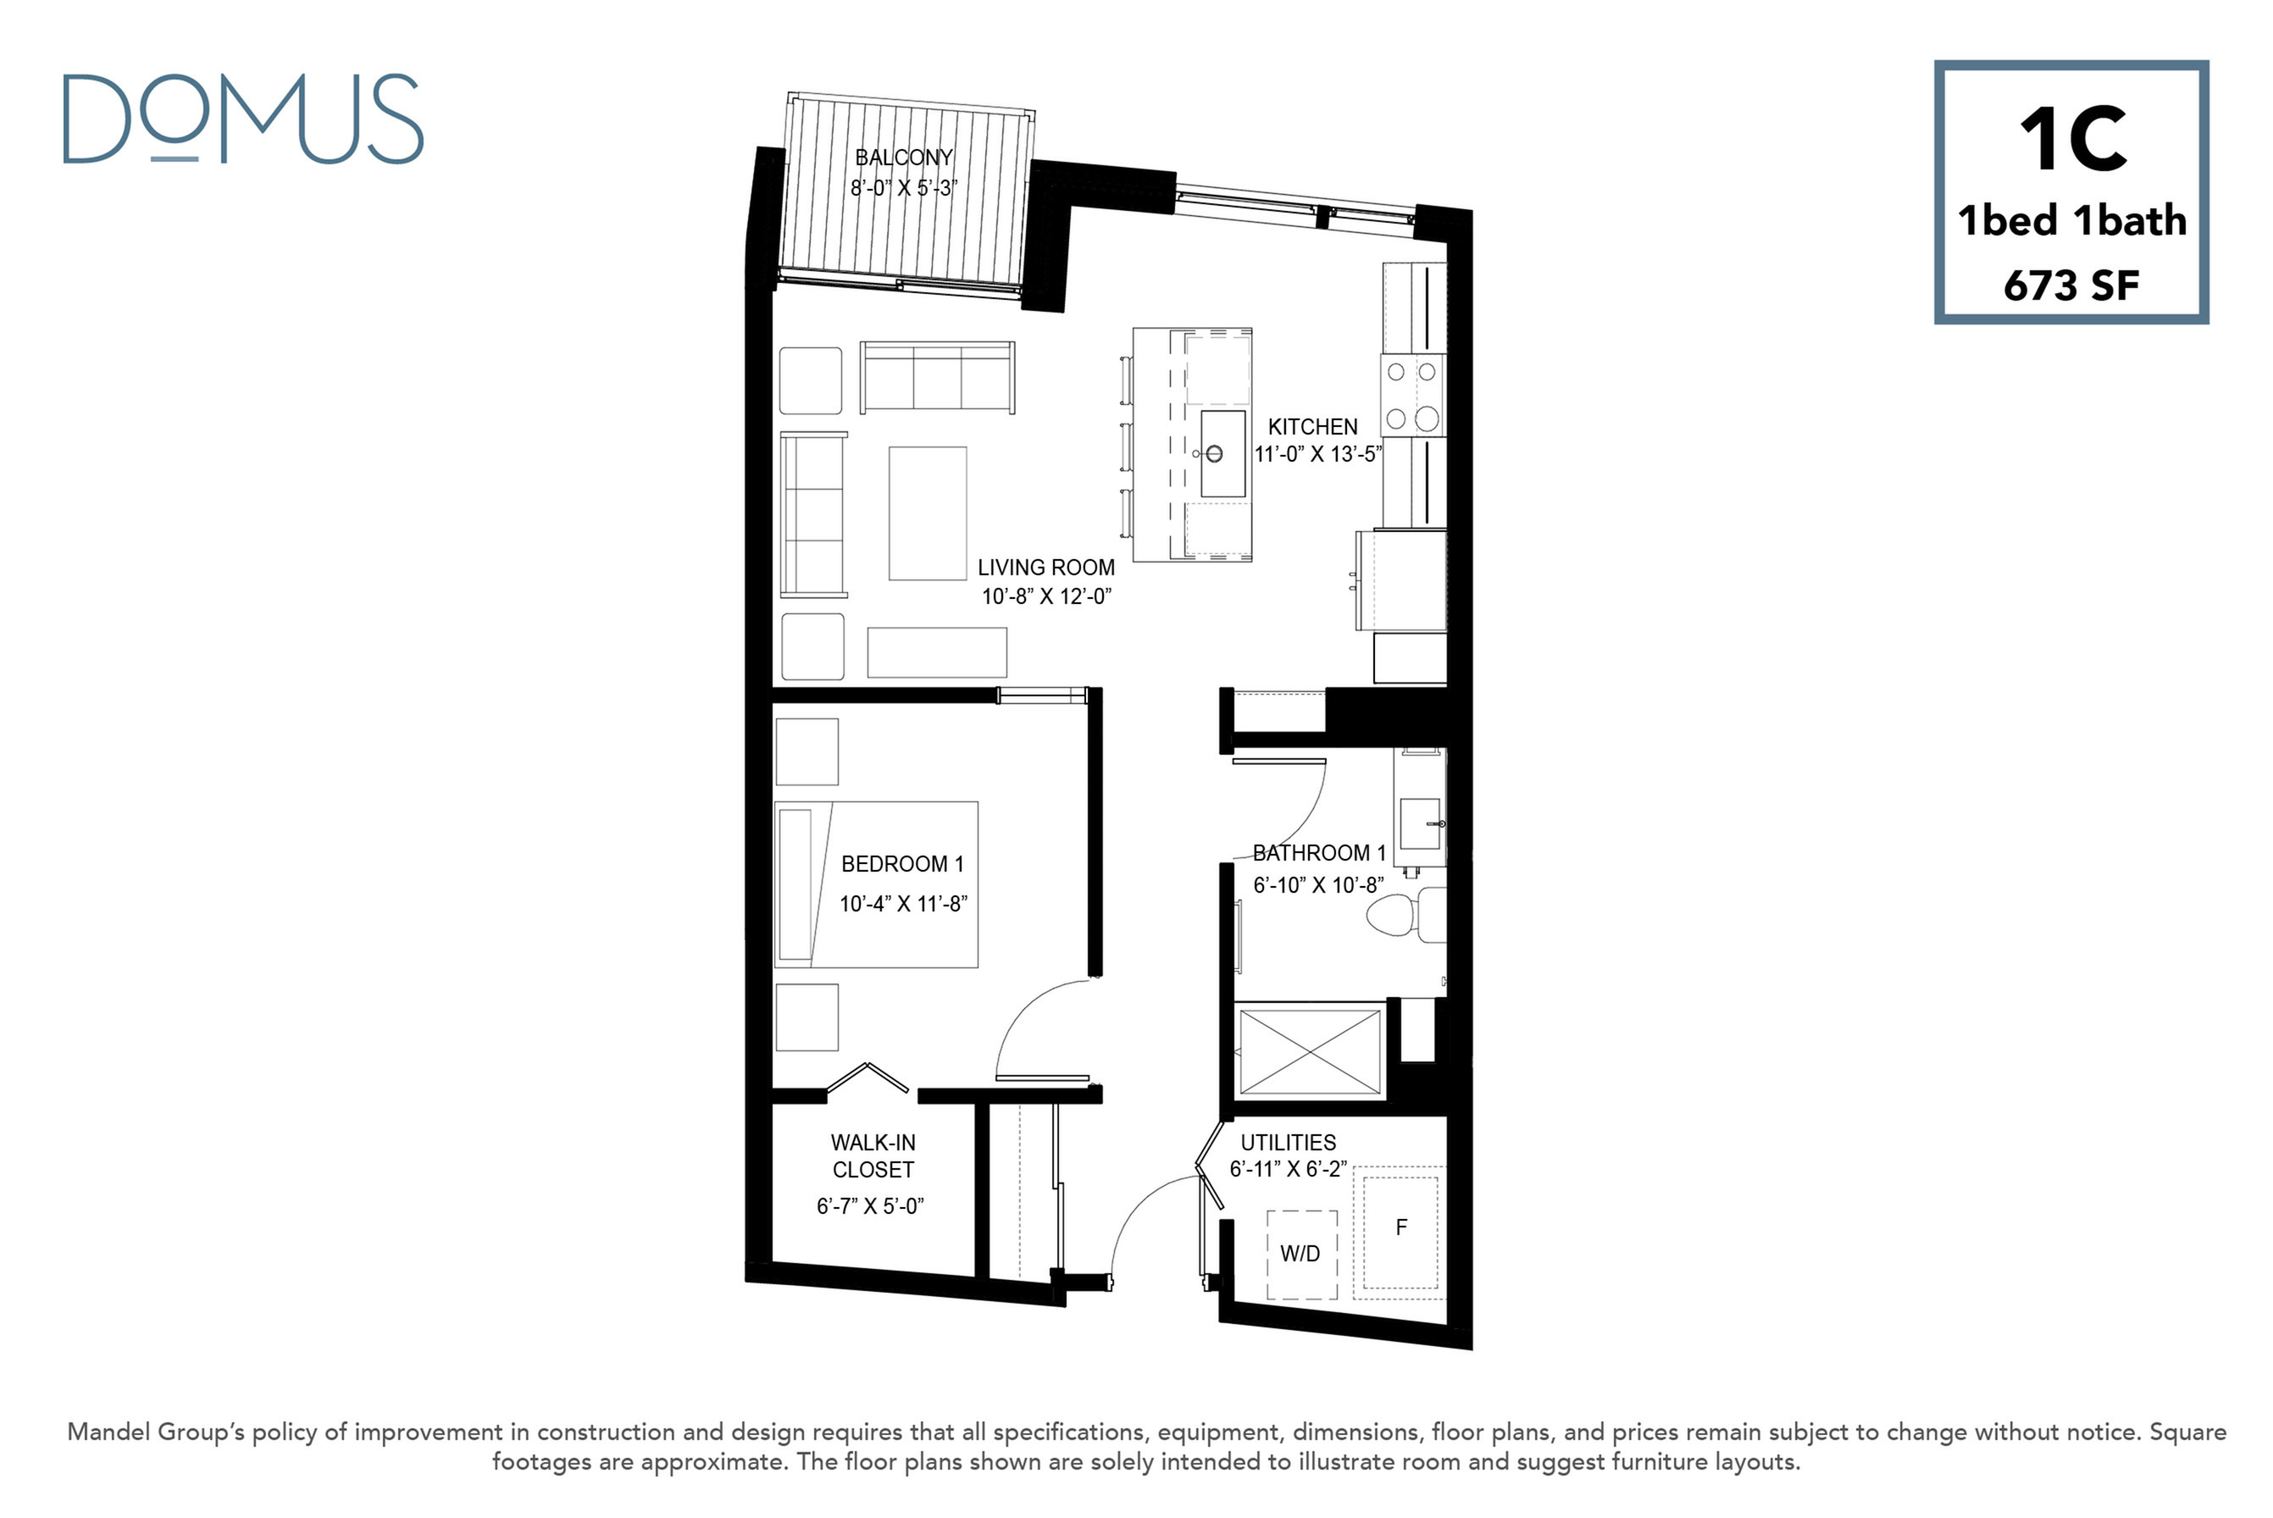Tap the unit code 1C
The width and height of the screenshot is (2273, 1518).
tap(2072, 141)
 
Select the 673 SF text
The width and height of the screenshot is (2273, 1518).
tap(2071, 285)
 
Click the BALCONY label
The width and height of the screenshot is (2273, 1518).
tap(903, 157)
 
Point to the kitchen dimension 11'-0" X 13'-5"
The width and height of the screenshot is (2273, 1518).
tap(1317, 454)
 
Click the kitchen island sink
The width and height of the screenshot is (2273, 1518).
tap(1222, 453)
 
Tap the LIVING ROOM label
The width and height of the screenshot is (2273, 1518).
tap(1045, 568)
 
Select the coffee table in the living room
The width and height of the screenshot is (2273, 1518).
tap(928, 513)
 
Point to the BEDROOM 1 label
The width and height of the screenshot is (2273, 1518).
tap(902, 863)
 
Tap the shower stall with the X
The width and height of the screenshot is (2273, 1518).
tap(1310, 1052)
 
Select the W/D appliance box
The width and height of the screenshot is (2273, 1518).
tap(1302, 1255)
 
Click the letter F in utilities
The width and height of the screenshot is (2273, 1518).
tap(1400, 1227)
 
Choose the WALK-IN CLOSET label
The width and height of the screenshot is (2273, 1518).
tap(873, 1156)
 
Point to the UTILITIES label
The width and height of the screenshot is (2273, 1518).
tap(1289, 1143)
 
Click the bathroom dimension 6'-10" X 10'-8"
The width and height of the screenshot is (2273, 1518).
tap(1318, 885)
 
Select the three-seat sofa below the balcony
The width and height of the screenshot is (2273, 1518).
tap(937, 378)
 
